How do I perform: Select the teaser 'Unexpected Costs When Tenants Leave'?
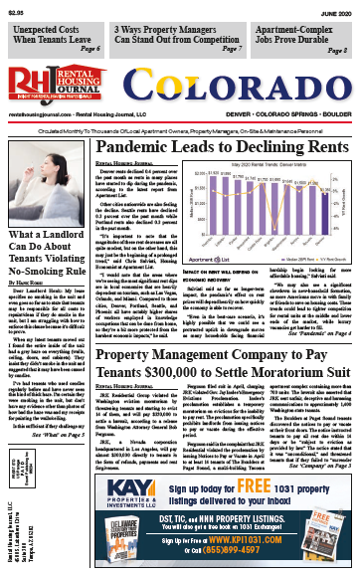point(59,36)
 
